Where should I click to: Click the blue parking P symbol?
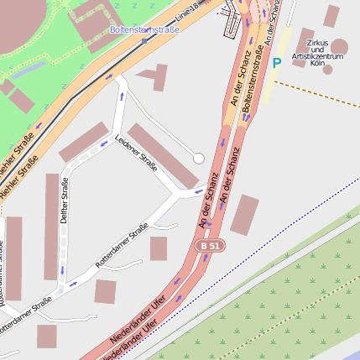[277, 63]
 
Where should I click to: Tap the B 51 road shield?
[210, 246]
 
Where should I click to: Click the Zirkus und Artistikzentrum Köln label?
[316, 52]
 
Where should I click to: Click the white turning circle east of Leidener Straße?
[199, 158]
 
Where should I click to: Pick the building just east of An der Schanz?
[245, 215]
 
